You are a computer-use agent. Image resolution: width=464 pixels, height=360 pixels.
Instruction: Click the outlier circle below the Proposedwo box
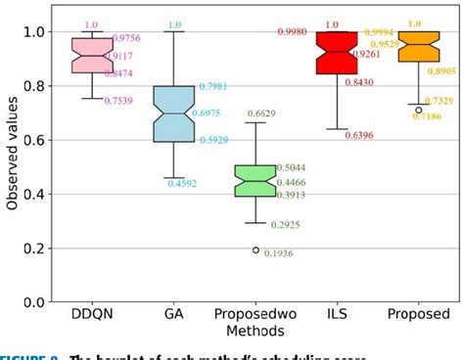[x=255, y=250]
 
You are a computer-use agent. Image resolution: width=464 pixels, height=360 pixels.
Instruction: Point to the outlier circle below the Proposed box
[x=419, y=110]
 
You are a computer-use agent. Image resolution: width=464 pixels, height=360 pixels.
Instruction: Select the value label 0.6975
[x=203, y=114]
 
